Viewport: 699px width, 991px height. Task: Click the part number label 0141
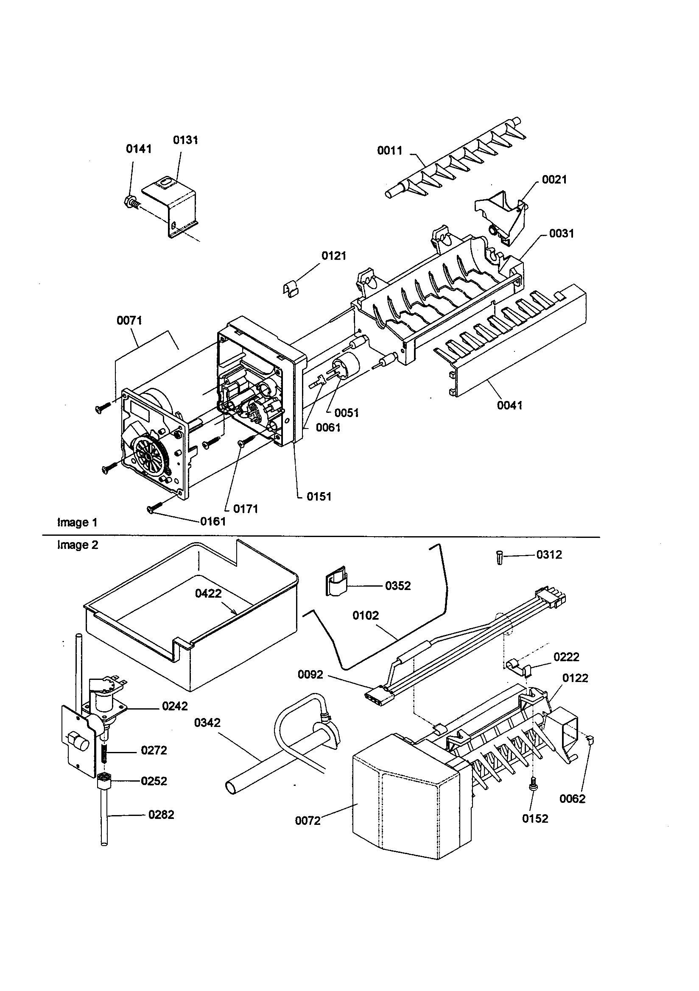[x=139, y=149]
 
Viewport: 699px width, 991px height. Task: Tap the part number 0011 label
[x=390, y=150]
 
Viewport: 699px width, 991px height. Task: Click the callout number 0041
[x=510, y=405]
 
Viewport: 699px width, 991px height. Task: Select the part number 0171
[x=246, y=509]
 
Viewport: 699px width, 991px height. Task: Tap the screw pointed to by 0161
[x=155, y=509]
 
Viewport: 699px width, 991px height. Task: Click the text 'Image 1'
[x=77, y=522]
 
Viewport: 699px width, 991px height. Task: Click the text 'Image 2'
[x=78, y=545]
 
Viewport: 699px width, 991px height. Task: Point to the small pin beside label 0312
[x=500, y=558]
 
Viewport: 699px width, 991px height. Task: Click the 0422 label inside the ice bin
[x=208, y=593]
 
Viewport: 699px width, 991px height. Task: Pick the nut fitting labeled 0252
[x=103, y=780]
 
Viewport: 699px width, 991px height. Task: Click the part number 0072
[x=308, y=821]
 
